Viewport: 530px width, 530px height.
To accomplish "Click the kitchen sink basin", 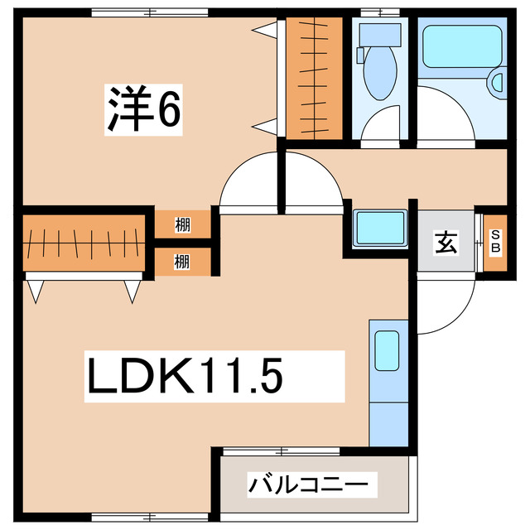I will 387,350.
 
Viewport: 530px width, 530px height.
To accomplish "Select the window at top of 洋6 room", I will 150,12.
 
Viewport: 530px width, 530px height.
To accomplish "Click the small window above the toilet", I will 380,12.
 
